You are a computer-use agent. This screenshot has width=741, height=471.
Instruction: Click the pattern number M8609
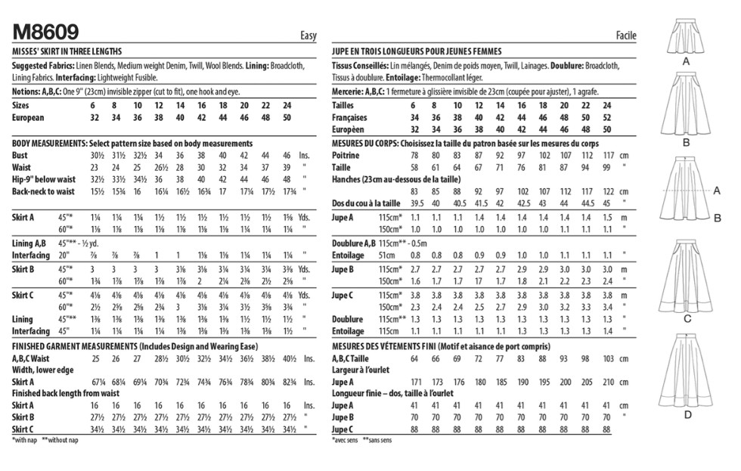[x=46, y=31]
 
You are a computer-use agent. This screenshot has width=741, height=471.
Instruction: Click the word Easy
[x=308, y=36]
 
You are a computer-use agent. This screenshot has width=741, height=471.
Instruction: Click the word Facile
[x=625, y=36]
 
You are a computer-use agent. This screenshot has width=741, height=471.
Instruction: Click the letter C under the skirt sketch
[x=687, y=320]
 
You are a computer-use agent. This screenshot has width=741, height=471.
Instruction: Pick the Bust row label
[x=22, y=155]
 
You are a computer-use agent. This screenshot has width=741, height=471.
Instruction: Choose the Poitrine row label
[x=346, y=155]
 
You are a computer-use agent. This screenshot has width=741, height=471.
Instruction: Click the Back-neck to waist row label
[x=45, y=191]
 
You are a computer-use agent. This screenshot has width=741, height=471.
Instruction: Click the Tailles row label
[x=344, y=106]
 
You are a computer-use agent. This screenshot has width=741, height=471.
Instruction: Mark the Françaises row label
[x=350, y=118]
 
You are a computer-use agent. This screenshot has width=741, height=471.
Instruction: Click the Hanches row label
[x=349, y=179]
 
